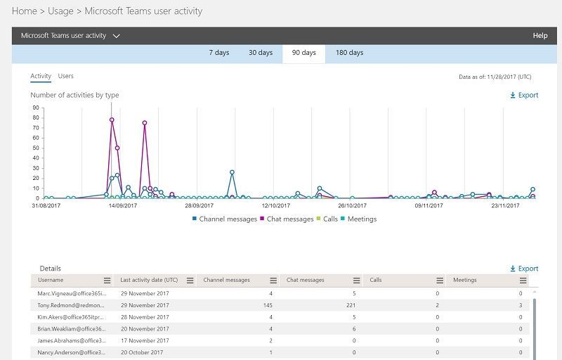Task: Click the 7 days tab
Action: point(219,53)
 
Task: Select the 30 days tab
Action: point(260,53)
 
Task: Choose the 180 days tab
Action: point(349,53)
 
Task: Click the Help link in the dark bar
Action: point(540,35)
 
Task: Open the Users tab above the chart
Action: point(65,76)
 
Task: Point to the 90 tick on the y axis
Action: point(35,108)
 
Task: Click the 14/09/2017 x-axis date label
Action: point(122,206)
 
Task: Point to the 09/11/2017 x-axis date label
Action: point(429,206)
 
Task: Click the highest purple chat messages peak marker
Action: point(112,120)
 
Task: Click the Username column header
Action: point(51,280)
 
